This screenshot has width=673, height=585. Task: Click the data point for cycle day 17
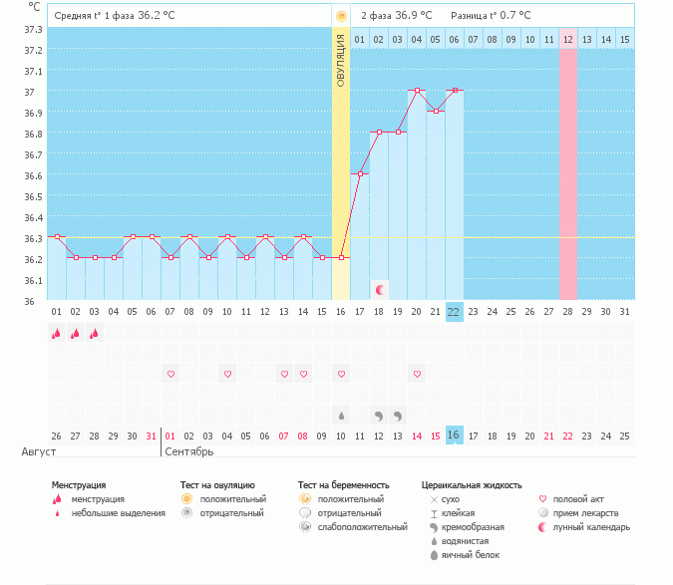pos(360,173)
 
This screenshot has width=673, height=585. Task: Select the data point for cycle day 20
pos(417,90)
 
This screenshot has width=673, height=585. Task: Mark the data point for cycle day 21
pos(436,111)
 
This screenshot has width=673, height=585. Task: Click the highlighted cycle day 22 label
pos(454,312)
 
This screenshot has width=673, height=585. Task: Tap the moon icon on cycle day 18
pos(380,289)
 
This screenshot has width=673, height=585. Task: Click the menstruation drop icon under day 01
pos(56,334)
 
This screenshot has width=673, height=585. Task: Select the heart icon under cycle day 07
pos(170,374)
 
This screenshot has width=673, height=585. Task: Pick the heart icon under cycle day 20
pos(417,374)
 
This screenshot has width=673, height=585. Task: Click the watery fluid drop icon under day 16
pos(341,415)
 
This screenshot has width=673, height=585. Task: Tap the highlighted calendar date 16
pos(454,436)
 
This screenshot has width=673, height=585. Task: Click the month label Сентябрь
pos(189,451)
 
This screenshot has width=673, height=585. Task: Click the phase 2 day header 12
pos(568,40)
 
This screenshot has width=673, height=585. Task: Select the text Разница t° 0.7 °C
pos(491,16)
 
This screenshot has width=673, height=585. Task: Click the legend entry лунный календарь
pos(592,527)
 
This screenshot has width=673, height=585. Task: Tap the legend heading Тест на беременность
pos(343,485)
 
